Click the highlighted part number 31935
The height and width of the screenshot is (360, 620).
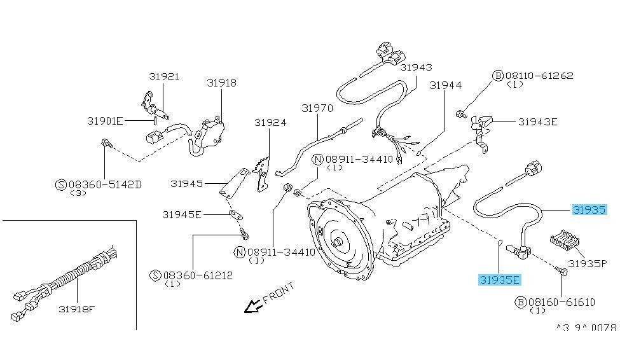(x=589, y=209)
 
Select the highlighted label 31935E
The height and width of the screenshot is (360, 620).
(x=500, y=279)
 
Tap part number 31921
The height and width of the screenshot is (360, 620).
(x=164, y=76)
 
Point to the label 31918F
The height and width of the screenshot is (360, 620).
(x=77, y=310)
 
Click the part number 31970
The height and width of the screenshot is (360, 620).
(x=317, y=108)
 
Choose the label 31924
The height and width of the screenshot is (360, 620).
(x=270, y=123)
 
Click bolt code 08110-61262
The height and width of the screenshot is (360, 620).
(x=539, y=76)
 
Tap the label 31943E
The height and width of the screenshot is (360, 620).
(x=537, y=122)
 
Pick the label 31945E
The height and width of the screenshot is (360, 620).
(x=181, y=215)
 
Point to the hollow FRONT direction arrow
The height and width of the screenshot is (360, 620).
(x=253, y=307)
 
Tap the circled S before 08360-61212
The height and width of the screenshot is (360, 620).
(x=155, y=275)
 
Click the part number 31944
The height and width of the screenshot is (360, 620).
(x=445, y=85)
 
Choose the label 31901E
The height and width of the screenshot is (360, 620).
(x=105, y=120)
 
